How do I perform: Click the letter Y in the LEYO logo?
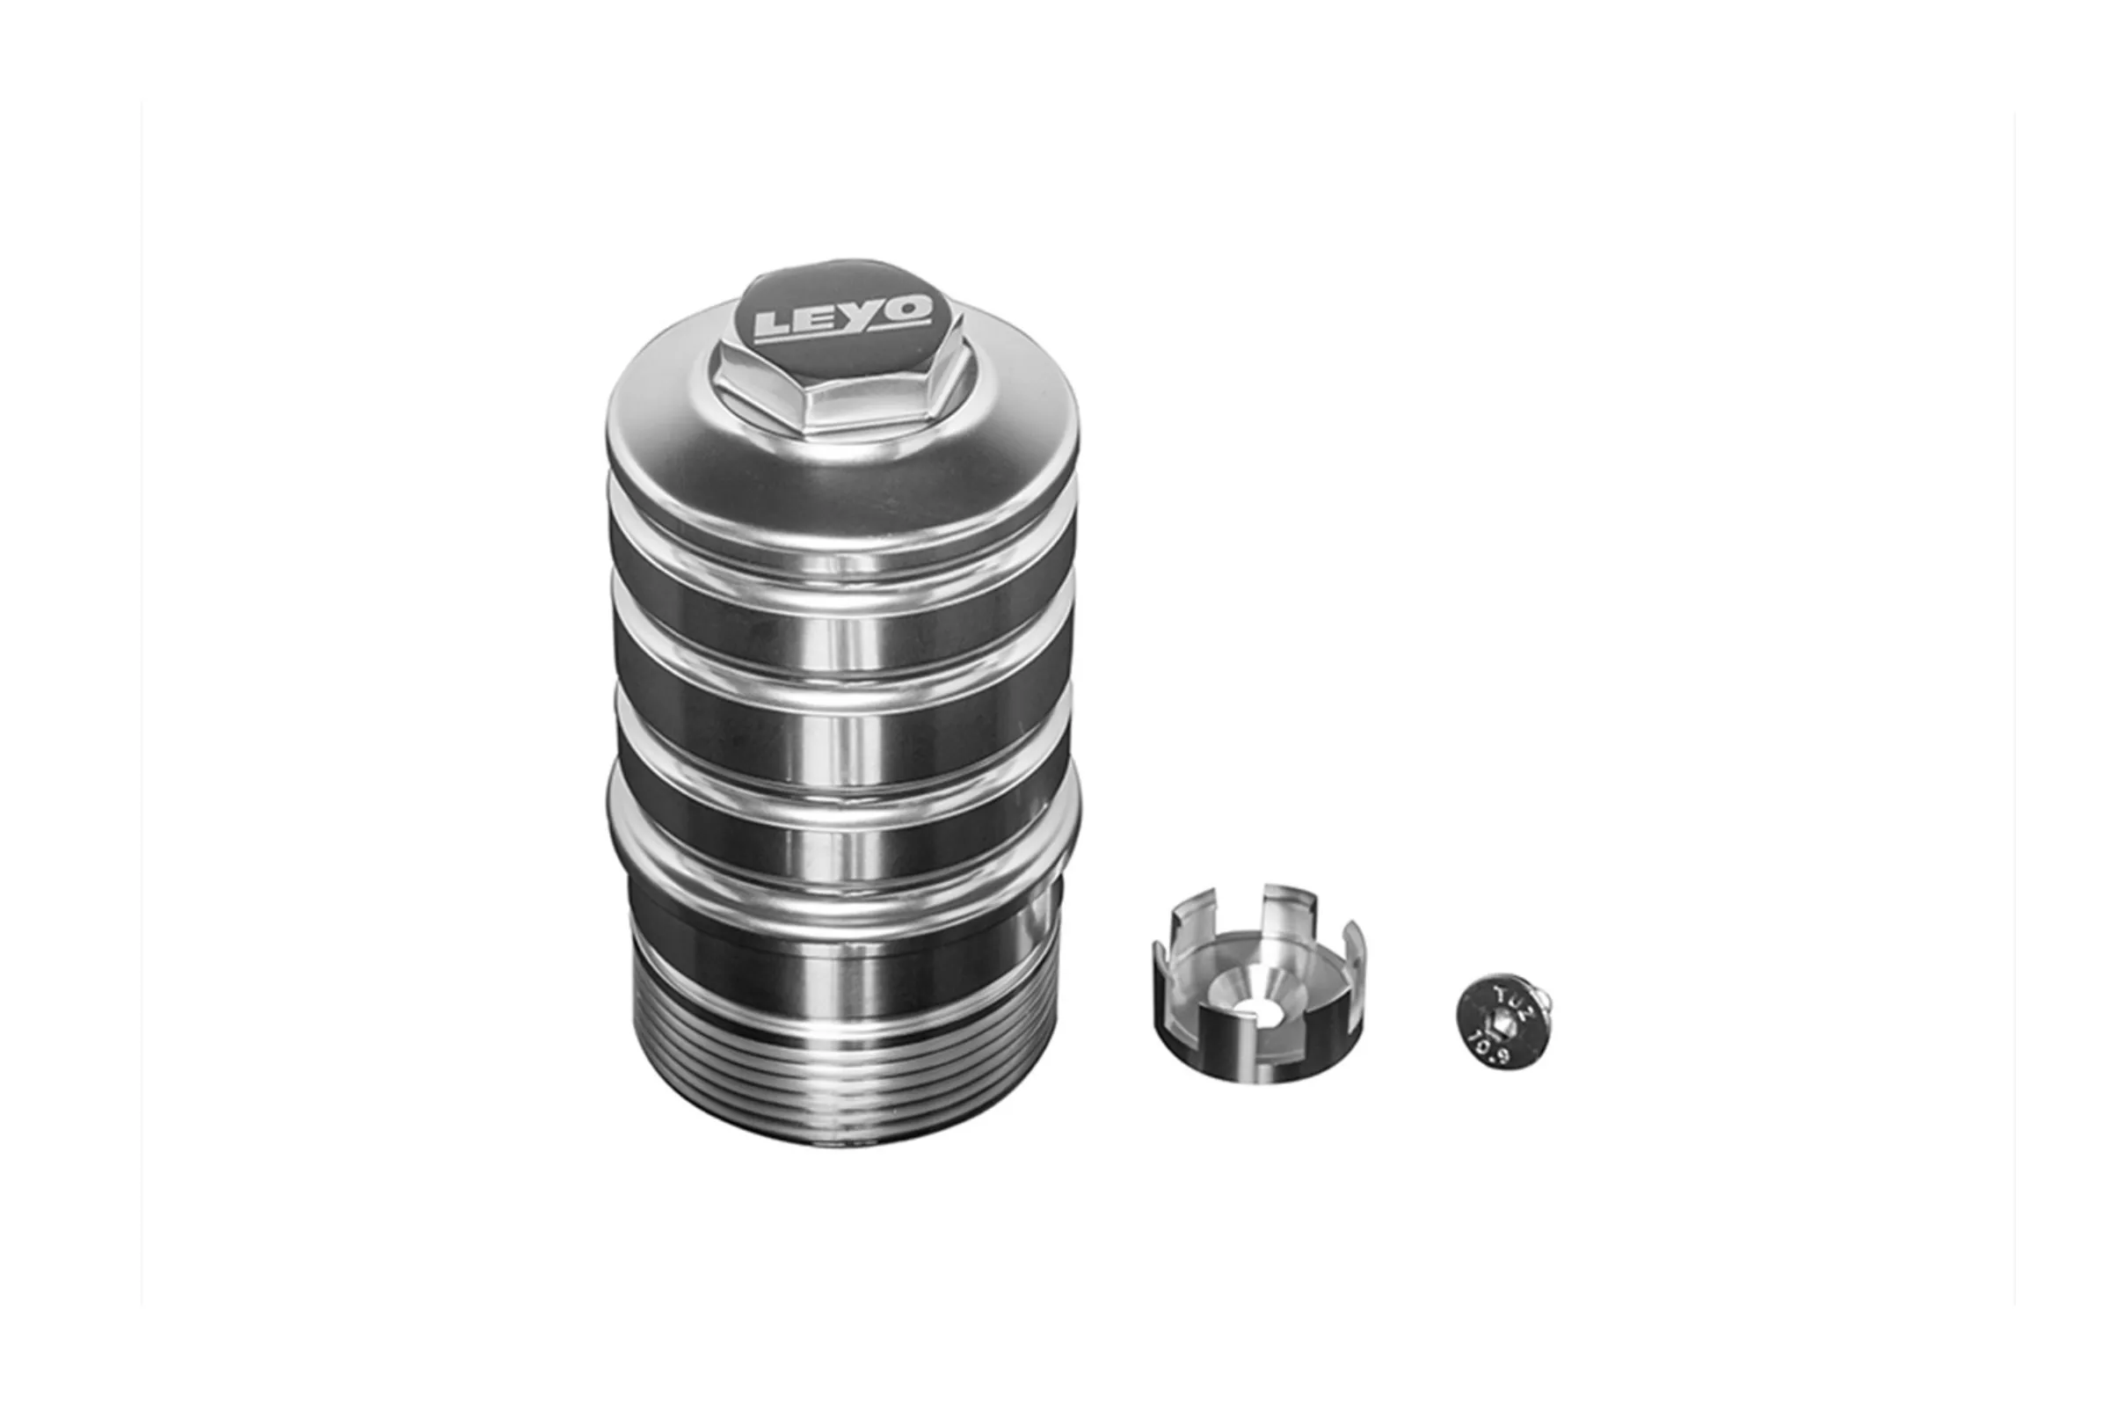(x=863, y=317)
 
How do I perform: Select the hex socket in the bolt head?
(x=1499, y=1022)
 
